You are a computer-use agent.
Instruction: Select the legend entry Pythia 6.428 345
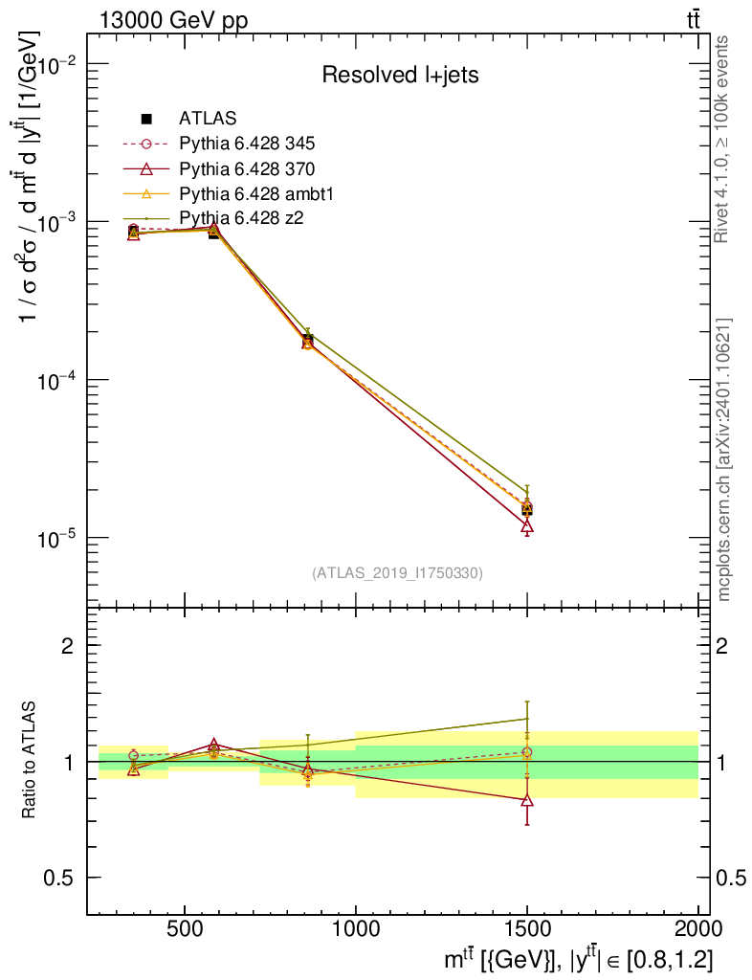pos(247,145)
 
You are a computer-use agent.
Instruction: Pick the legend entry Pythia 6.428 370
pos(247,169)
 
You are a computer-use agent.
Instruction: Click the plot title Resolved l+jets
pos(400,76)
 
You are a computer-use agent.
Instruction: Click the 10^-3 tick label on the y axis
pos(59,222)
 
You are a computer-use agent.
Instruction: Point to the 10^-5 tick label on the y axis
pos(59,539)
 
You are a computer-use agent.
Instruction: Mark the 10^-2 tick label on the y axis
pos(59,64)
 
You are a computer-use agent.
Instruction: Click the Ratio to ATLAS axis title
pos(31,761)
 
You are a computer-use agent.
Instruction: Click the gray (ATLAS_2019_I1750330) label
pos(397,573)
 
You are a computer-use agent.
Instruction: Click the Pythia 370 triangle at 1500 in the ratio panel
pos(527,800)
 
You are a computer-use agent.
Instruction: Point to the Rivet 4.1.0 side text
pos(723,139)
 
